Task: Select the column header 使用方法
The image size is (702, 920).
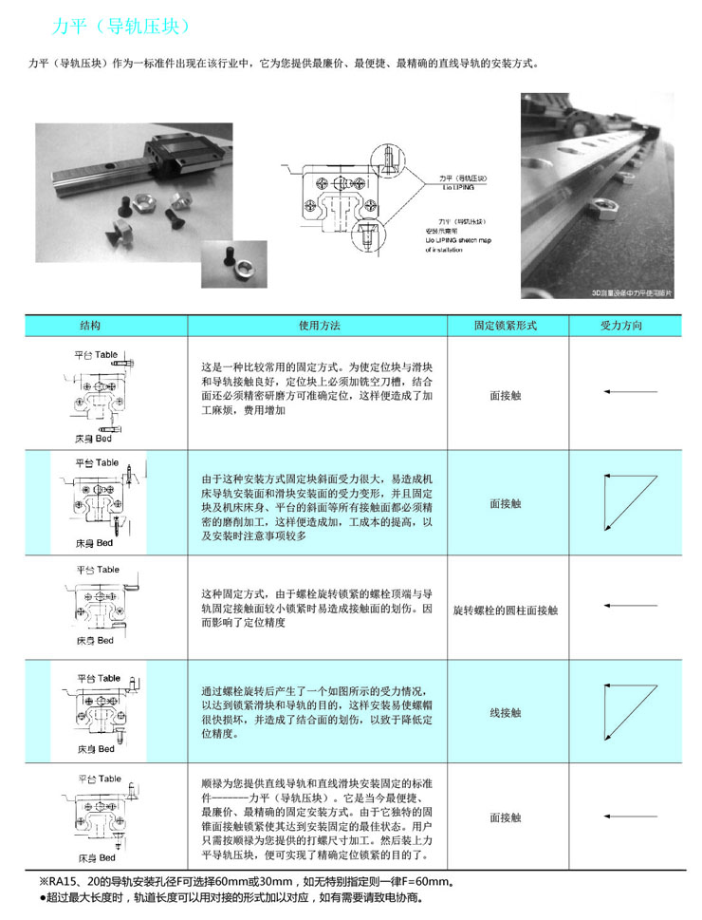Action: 318,326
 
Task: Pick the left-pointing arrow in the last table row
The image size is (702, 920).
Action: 623,817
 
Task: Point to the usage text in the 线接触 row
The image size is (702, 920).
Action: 318,712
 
